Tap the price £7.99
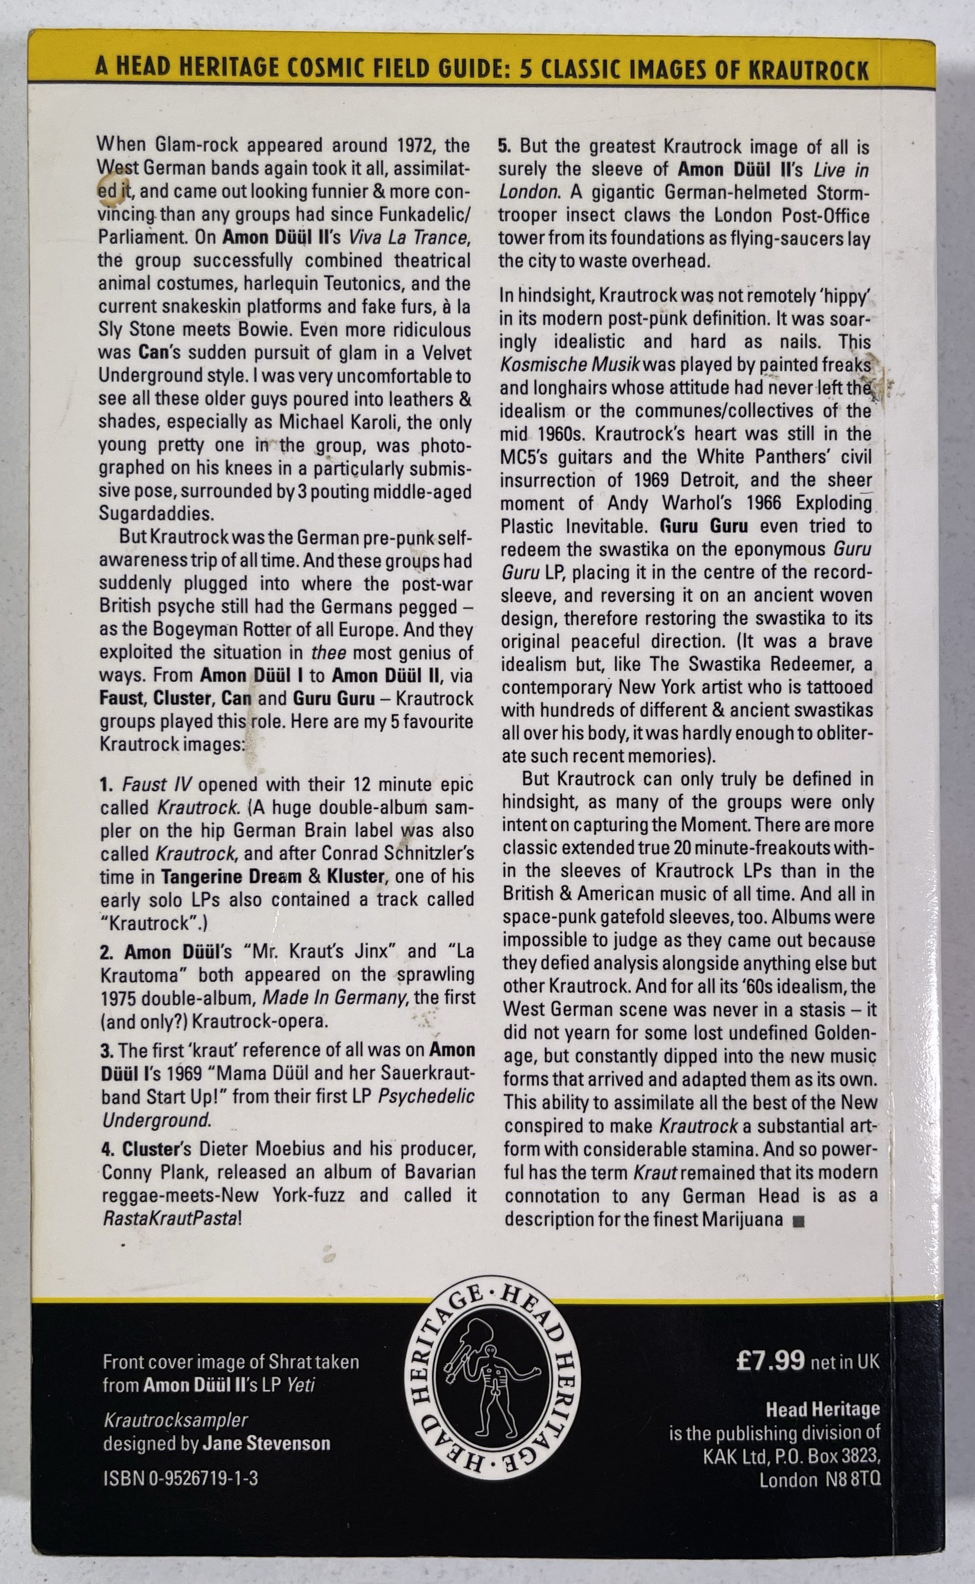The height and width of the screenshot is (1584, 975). [770, 1360]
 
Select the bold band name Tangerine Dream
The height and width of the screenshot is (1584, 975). [231, 877]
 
